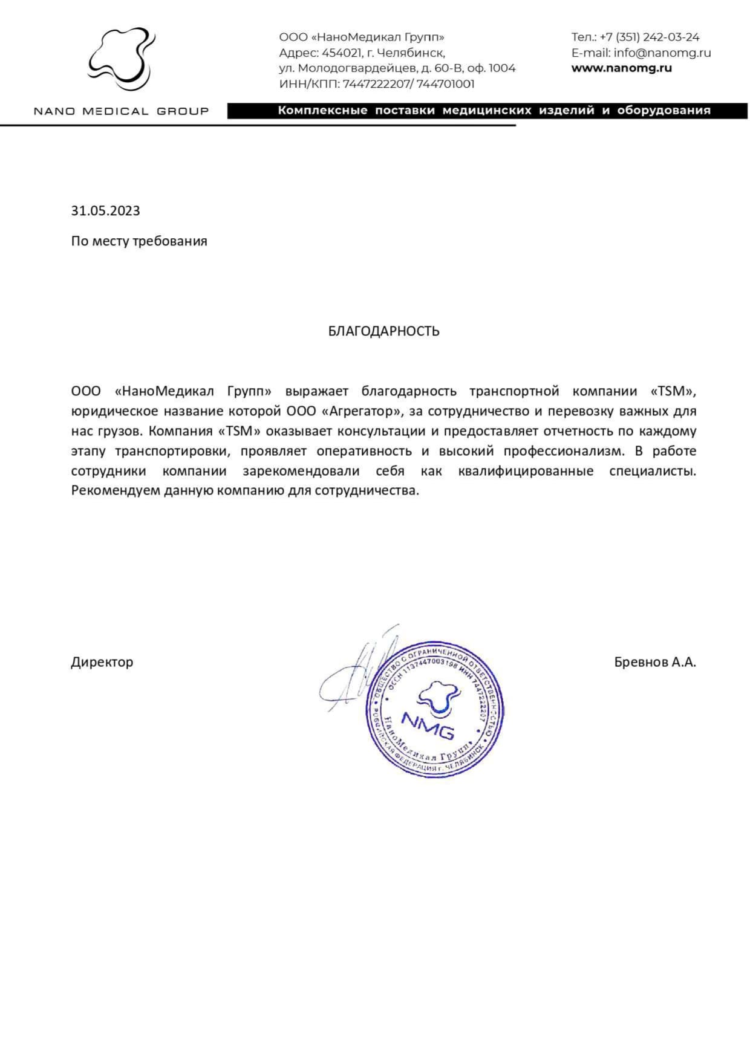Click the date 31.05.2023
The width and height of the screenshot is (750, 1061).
(x=105, y=210)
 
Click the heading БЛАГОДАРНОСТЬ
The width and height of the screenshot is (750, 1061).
(x=383, y=331)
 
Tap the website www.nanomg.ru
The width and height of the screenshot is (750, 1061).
(x=621, y=68)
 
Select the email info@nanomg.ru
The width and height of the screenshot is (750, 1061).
(x=662, y=53)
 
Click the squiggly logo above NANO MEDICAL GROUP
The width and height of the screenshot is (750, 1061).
(x=120, y=59)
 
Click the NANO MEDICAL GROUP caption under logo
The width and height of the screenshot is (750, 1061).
(x=121, y=111)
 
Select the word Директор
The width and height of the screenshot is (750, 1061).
(x=102, y=661)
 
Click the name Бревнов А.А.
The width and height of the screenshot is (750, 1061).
(x=654, y=661)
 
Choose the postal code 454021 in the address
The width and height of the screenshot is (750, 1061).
(x=341, y=53)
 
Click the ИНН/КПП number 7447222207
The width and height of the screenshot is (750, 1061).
(x=376, y=84)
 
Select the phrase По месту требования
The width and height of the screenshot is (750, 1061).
(x=139, y=241)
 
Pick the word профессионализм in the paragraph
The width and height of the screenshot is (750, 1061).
(x=562, y=451)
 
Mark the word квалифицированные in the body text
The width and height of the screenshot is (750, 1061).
(x=526, y=471)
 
